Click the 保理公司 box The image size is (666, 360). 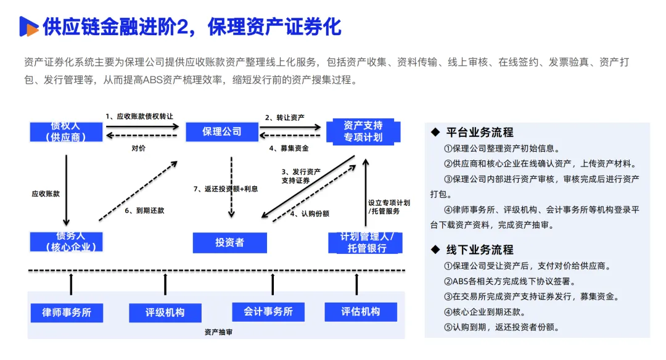(x=222, y=131)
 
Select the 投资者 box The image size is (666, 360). (x=230, y=242)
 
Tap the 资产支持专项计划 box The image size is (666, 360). (x=363, y=131)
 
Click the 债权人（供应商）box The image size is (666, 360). (x=66, y=131)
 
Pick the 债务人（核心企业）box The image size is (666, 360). (x=66, y=242)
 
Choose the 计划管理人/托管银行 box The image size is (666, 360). (x=365, y=243)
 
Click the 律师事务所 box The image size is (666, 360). (x=67, y=313)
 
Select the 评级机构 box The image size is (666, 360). (x=165, y=313)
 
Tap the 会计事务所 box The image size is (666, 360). (x=268, y=311)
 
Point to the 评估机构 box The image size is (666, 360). (x=361, y=311)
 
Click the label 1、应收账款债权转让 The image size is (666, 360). (x=139, y=117)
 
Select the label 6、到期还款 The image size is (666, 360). (x=144, y=211)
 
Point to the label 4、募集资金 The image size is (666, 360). (x=289, y=148)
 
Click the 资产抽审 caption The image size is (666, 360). (x=218, y=332)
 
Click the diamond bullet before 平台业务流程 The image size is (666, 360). (x=435, y=132)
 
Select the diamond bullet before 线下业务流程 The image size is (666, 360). (x=435, y=250)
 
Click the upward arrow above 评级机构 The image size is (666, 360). (x=165, y=284)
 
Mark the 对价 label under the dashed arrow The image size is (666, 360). (x=139, y=148)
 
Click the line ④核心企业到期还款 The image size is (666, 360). (x=485, y=312)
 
